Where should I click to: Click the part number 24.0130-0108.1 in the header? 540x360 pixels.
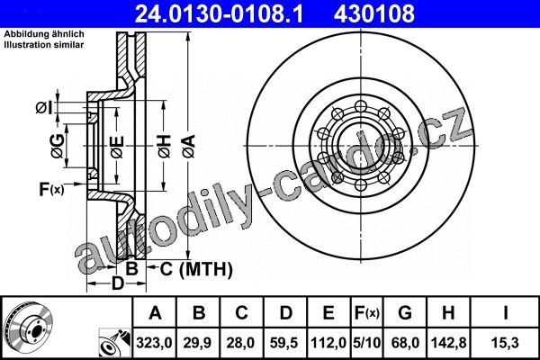tap(219, 13)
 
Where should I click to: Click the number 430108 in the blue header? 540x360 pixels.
tap(374, 13)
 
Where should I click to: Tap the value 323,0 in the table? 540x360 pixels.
tap(154, 343)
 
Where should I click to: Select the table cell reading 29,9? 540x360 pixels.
tap(197, 343)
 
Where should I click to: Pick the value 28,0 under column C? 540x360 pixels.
tap(240, 343)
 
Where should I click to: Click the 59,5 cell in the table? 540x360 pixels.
tap(283, 343)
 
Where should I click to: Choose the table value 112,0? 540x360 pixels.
tap(328, 343)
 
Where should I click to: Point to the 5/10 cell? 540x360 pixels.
tap(367, 343)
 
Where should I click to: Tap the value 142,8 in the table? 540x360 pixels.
tap(449, 343)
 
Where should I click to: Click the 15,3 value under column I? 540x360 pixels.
tap(505, 343)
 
